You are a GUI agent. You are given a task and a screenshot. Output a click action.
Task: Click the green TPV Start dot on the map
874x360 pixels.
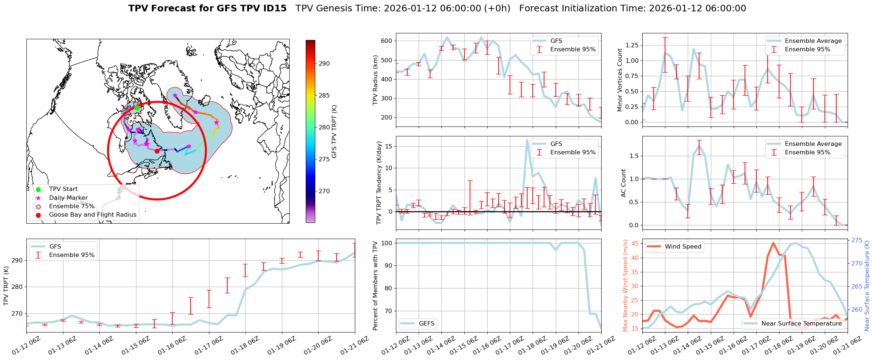tap(137, 108)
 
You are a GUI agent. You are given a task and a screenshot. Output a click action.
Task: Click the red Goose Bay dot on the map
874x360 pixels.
tap(157, 151)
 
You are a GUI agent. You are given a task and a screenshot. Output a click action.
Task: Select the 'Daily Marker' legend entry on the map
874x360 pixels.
tap(68, 198)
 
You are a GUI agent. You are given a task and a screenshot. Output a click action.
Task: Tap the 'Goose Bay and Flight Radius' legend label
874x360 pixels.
tap(92, 215)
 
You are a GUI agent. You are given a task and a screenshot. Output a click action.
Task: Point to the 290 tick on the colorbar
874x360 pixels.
tap(324, 63)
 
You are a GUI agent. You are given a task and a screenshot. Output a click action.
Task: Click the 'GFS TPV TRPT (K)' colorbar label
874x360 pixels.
tap(334, 132)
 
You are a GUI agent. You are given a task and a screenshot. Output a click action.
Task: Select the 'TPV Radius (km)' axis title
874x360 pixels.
tap(375, 80)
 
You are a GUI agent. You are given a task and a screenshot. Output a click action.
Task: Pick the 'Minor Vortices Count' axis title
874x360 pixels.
tap(620, 80)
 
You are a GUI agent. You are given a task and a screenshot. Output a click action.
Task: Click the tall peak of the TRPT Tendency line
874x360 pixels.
tap(527, 140)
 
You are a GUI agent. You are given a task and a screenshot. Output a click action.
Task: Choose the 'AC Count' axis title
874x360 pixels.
tap(624, 183)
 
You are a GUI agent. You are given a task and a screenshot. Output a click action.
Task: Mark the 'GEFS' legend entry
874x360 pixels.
tap(426, 324)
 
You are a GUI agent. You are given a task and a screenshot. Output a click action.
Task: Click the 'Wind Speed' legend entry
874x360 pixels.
tap(683, 247)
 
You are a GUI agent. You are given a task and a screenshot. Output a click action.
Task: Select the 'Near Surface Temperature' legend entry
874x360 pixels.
tap(801, 324)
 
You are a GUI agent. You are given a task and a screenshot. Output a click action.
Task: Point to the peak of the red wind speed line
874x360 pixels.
tap(773, 243)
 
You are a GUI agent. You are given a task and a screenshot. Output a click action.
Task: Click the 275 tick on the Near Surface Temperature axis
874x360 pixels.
tap(857, 240)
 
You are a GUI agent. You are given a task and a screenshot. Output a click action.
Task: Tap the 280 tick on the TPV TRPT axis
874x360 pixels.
tap(18, 287)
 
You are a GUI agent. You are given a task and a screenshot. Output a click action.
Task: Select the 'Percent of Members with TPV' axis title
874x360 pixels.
tap(375, 286)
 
